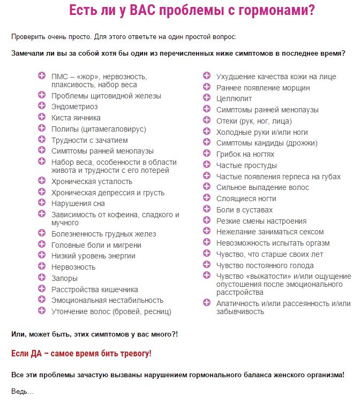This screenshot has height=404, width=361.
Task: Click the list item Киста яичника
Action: pos(76,118)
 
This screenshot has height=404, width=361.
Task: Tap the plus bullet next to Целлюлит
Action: pos(207,98)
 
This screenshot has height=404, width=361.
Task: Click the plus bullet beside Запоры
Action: pos(42,278)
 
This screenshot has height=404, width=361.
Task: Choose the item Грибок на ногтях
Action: pos(246,154)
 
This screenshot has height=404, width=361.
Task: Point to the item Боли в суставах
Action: pos(244,210)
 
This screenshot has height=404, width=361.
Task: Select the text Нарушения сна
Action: pos(78,203)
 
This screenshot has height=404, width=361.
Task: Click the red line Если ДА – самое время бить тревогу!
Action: pos(81,354)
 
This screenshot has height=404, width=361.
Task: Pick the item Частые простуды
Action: pos(246,165)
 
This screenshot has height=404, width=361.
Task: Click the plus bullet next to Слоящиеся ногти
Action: pos(207,198)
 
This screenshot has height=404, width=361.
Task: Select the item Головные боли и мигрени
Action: pos(96,245)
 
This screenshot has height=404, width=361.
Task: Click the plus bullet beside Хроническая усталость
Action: pos(42,181)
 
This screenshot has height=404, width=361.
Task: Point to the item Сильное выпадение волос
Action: pos(262,187)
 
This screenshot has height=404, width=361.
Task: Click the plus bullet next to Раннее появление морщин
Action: pos(207,87)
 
